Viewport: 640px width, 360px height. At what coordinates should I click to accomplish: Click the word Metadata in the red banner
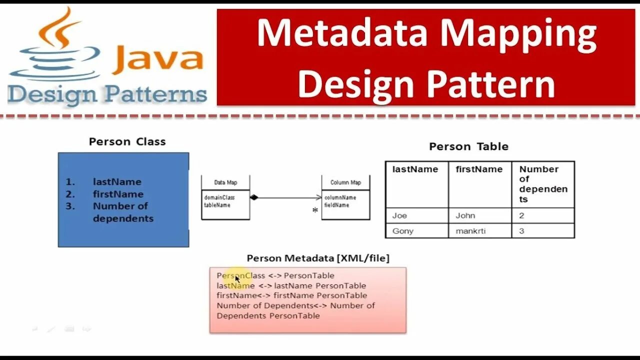coord(342,33)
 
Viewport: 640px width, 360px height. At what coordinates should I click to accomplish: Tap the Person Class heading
coord(127,141)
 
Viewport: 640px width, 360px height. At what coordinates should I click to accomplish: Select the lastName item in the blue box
coord(117,182)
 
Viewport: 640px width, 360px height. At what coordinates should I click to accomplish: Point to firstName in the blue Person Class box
coord(118,194)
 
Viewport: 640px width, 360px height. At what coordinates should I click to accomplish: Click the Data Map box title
coord(225,182)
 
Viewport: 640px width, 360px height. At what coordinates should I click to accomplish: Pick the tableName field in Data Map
coord(217,205)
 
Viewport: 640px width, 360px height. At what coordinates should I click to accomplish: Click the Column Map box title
coord(345,182)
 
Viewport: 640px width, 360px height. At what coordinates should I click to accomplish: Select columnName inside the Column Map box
coord(340,197)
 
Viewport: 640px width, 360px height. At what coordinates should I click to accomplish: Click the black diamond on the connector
coord(254,197)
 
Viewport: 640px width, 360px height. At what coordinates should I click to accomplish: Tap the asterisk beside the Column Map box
coord(315,210)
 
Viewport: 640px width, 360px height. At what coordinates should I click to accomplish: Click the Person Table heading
coord(468,146)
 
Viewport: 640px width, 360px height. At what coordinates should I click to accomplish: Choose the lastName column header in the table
coord(415,169)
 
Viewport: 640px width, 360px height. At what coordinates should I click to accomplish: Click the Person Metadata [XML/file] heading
coord(318,258)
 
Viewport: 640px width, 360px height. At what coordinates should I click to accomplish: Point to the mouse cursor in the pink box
coord(237,279)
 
